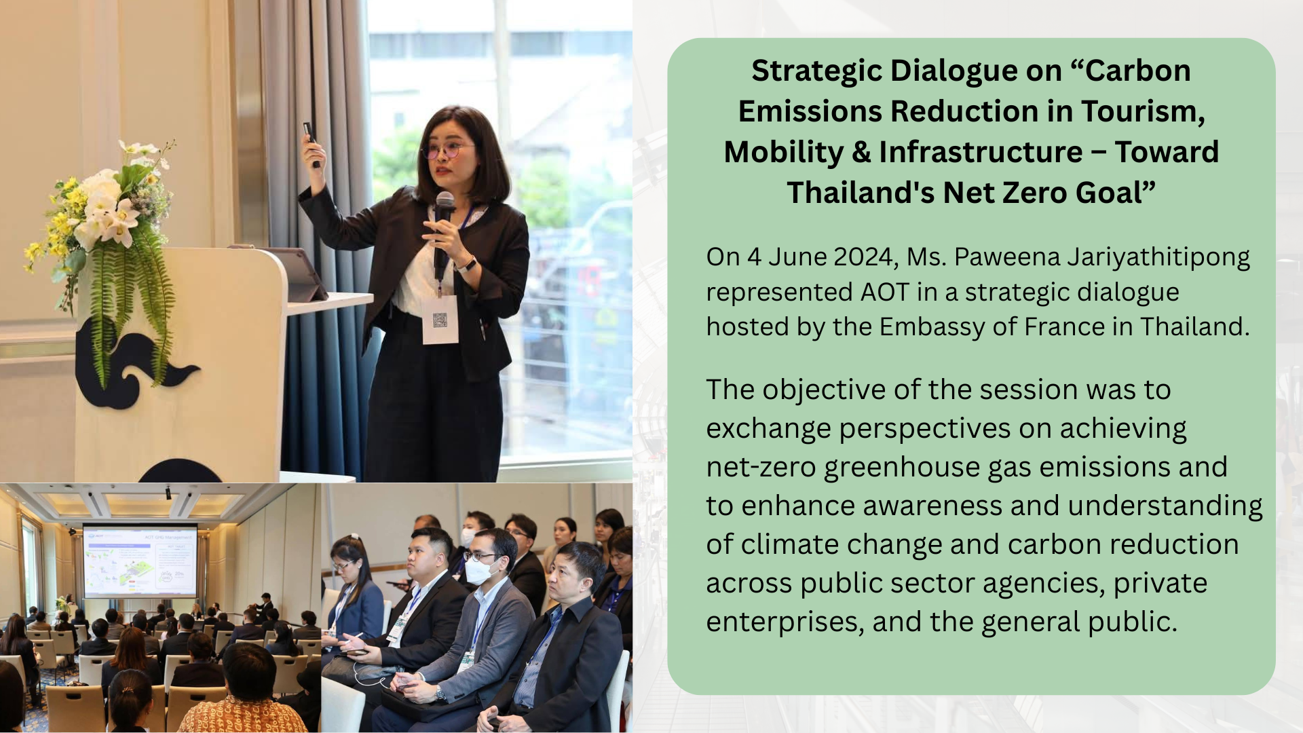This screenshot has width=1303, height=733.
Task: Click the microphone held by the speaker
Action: [x=443, y=231]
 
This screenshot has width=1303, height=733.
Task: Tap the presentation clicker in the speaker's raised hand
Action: [x=311, y=143]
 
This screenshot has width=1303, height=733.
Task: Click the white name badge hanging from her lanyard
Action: [x=440, y=319]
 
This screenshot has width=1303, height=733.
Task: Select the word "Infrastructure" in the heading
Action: [x=981, y=152]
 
